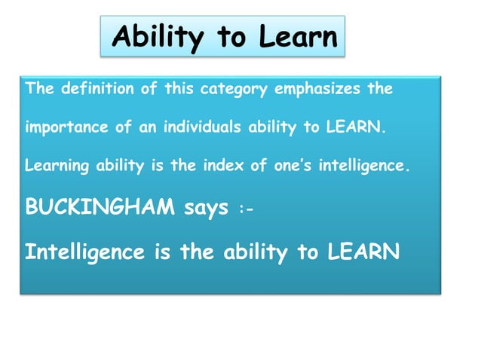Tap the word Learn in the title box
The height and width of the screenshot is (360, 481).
[x=298, y=36]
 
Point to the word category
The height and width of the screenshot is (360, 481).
[x=234, y=89]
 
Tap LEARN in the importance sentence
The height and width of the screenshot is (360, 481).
[x=354, y=127]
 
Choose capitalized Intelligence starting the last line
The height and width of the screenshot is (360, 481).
[x=84, y=252]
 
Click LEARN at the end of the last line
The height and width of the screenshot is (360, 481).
[x=363, y=252]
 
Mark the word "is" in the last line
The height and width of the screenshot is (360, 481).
[x=162, y=252]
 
